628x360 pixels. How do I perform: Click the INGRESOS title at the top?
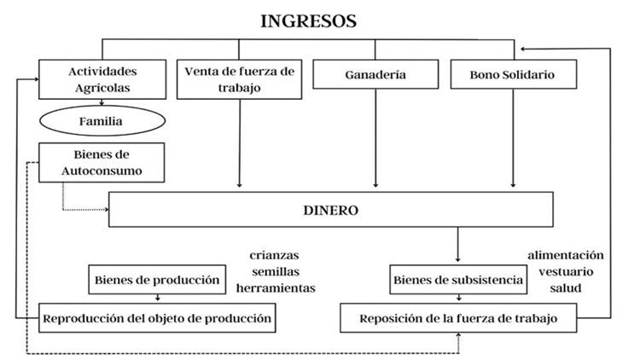click(x=309, y=21)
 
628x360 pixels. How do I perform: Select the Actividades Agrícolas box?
click(x=102, y=78)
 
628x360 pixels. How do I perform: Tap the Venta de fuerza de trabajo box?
click(x=239, y=78)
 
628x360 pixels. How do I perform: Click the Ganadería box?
click(x=376, y=75)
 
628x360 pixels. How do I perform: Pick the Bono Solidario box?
click(x=512, y=75)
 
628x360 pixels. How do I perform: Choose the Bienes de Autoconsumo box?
click(x=102, y=163)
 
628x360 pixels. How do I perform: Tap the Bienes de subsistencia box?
click(x=457, y=279)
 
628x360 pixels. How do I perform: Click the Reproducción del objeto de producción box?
click(x=157, y=318)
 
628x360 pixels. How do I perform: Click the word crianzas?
click(x=275, y=255)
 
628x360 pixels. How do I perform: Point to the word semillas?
click(x=276, y=271)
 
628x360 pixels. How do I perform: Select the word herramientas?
click(x=276, y=287)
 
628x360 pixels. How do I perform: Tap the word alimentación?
click(x=565, y=255)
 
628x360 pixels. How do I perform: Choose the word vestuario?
click(x=566, y=271)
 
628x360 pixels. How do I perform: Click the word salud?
click(x=566, y=287)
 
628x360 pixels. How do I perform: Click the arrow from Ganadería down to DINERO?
click(x=376, y=136)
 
